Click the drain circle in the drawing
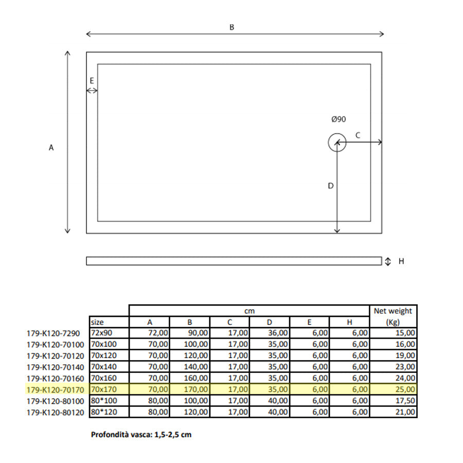[337, 143]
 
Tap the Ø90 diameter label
[339, 119]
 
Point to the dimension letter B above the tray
[232, 27]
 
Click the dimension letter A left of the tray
[51, 148]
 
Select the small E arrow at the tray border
[92, 91]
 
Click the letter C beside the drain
[358, 135]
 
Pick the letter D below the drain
[331, 186]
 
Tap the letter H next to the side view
[401, 261]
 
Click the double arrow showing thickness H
[388, 261]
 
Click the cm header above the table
[249, 311]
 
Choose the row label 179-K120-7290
[54, 333]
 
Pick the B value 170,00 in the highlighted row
[196, 389]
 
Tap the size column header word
[97, 322]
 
